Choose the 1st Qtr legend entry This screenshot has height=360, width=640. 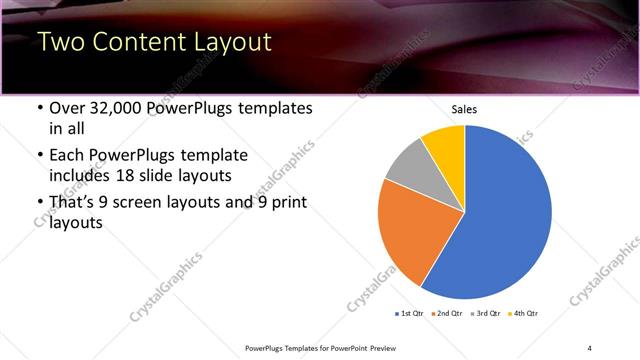click(x=410, y=313)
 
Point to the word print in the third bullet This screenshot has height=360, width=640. click(x=288, y=203)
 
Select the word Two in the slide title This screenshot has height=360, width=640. click(x=59, y=42)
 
